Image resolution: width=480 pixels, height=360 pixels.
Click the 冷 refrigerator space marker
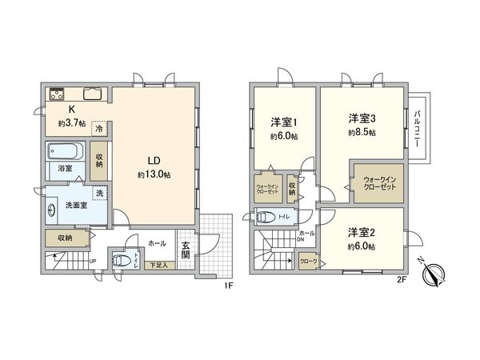99,128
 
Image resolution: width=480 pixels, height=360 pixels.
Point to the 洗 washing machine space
99,194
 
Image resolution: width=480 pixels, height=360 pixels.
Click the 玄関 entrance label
185,250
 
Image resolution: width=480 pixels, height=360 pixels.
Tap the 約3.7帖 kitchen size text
72,124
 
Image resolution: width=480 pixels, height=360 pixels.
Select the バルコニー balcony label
418,128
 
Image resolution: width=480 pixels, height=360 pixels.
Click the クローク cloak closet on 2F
308,262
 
